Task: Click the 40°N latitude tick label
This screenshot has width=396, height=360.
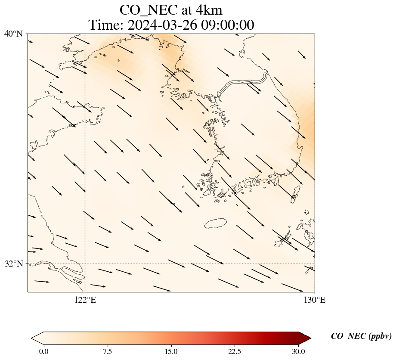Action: [x=14, y=34]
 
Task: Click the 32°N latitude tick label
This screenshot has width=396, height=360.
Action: [x=14, y=264]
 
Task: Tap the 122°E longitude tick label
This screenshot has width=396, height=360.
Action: [x=85, y=300]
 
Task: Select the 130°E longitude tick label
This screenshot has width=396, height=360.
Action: [x=315, y=300]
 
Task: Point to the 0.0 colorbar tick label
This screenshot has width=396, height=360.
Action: [x=43, y=351]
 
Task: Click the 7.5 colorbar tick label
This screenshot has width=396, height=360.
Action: [x=107, y=351]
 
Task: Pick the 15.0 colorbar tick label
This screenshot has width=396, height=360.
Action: [x=171, y=351]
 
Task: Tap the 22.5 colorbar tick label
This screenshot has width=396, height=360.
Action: [x=235, y=351]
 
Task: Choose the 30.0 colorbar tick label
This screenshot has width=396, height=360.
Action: [x=298, y=351]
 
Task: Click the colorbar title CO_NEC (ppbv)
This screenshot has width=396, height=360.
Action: [x=361, y=336]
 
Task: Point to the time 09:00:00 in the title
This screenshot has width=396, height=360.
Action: [x=227, y=25]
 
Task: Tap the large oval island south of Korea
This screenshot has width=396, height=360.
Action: [x=216, y=223]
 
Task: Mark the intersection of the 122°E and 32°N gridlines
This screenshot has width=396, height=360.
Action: [x=85, y=264]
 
